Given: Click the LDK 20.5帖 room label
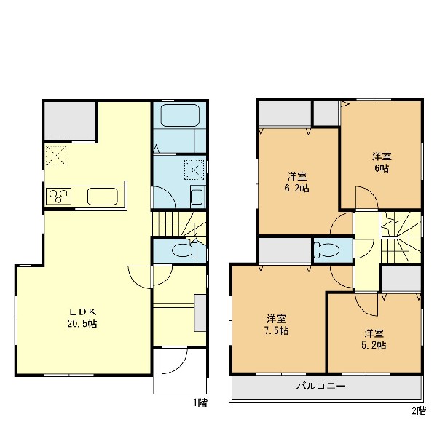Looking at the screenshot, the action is click(x=82, y=317).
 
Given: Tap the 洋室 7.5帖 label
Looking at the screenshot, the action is click(x=277, y=325).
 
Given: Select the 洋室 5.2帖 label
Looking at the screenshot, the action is click(x=374, y=339).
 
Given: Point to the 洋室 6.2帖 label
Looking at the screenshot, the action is click(x=297, y=182).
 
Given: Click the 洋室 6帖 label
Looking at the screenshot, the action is click(x=382, y=162).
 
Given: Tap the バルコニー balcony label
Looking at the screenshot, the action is click(x=321, y=386).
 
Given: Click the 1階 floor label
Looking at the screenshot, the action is click(x=200, y=403).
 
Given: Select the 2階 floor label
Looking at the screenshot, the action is click(x=419, y=411).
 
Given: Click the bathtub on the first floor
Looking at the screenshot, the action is click(x=181, y=115).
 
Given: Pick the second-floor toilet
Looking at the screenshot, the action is click(x=326, y=249).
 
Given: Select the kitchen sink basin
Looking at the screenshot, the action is click(x=103, y=197).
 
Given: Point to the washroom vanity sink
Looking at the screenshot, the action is click(x=197, y=196).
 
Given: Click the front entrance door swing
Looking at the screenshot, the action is click(x=174, y=360).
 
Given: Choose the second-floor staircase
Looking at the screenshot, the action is click(x=401, y=237).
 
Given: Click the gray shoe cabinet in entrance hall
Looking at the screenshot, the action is click(x=200, y=313).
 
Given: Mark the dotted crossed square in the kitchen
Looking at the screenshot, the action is click(x=56, y=155).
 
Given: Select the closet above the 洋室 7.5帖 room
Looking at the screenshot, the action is click(x=285, y=250).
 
